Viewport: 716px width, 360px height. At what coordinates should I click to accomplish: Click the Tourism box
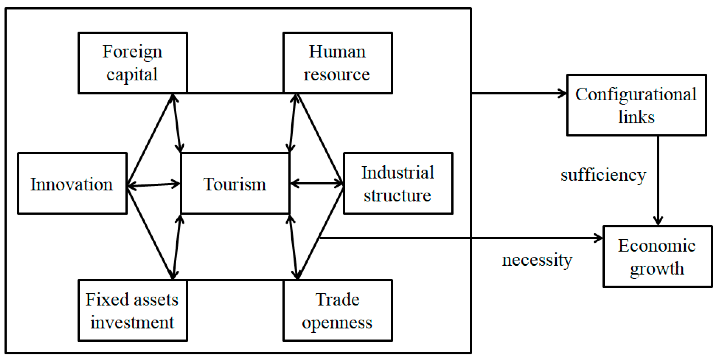pyautogui.click(x=235, y=183)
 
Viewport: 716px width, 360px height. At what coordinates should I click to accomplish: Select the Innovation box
pyautogui.click(x=72, y=183)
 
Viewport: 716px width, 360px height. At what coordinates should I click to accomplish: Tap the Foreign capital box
pyautogui.click(x=133, y=63)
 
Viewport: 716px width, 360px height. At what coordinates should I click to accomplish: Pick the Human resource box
pyautogui.click(x=337, y=63)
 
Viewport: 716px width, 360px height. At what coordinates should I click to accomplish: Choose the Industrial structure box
pyautogui.click(x=398, y=183)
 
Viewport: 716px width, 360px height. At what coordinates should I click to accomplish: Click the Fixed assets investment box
pyautogui.click(x=133, y=310)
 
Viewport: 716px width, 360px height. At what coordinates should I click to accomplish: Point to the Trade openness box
pyautogui.click(x=337, y=310)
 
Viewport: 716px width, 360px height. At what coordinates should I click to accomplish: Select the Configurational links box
pyautogui.click(x=637, y=105)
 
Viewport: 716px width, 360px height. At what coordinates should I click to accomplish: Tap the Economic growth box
pyautogui.click(x=657, y=256)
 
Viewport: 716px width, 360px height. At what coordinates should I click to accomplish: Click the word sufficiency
pyautogui.click(x=603, y=175)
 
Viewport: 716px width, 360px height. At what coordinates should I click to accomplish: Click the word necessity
pyautogui.click(x=537, y=260)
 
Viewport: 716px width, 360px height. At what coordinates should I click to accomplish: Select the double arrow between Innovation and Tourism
pyautogui.click(x=154, y=185)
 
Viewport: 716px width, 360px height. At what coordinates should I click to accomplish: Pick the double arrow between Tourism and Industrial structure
pyautogui.click(x=316, y=183)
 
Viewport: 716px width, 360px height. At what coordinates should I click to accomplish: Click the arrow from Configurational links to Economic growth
pyautogui.click(x=658, y=181)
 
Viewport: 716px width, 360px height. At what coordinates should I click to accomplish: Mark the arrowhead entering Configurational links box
pyautogui.click(x=562, y=93)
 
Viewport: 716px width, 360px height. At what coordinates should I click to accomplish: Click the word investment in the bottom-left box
pyautogui.click(x=132, y=323)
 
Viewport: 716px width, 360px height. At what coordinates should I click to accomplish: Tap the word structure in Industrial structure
pyautogui.click(x=397, y=195)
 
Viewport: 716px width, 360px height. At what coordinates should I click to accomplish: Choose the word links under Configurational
pyautogui.click(x=636, y=117)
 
